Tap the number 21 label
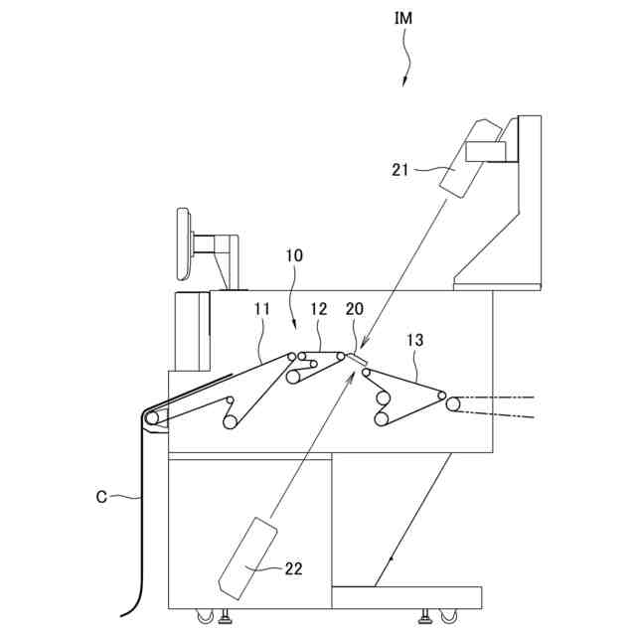point(399,170)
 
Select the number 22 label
point(293,568)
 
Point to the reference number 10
point(296,255)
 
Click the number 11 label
point(262,311)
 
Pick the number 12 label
point(318,311)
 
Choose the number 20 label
point(355,311)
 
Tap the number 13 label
point(415,340)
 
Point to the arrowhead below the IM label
point(405,81)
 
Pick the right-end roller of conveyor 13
point(453,403)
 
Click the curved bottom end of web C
point(126,607)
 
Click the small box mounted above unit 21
point(486,150)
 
